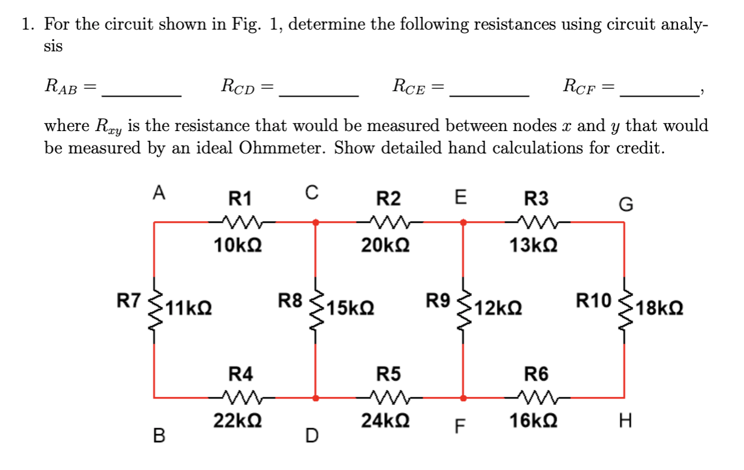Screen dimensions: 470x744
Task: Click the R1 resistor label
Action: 240,198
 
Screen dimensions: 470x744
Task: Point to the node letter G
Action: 626,205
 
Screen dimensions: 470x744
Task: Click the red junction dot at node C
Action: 315,222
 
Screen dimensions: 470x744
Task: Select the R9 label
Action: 438,300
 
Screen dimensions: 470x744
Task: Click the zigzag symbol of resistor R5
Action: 388,398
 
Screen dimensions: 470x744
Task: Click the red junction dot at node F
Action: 463,398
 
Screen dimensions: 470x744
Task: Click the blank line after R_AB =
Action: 142,94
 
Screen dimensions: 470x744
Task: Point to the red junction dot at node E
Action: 463,222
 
